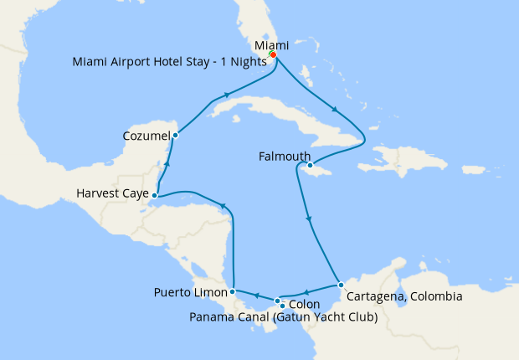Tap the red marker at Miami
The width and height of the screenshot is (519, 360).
click(x=273, y=55)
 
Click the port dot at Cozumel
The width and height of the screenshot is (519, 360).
click(x=175, y=136)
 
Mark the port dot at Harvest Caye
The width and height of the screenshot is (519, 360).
click(x=155, y=195)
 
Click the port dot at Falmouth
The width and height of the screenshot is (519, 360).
click(x=311, y=166)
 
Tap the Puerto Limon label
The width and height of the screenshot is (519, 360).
click(x=190, y=292)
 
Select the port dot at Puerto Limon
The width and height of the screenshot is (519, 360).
click(x=232, y=292)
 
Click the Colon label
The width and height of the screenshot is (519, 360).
click(x=304, y=304)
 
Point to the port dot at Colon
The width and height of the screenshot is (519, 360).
click(x=282, y=305)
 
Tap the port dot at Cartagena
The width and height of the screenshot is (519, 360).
click(x=341, y=286)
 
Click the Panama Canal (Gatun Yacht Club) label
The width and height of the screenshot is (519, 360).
click(x=283, y=317)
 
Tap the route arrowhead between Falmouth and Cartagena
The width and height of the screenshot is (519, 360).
click(x=311, y=221)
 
